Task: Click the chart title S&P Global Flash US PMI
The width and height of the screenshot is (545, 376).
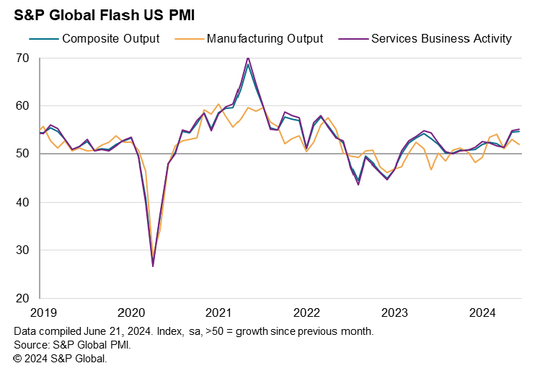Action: tap(105, 14)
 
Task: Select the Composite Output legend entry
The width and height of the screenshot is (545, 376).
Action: tap(110, 38)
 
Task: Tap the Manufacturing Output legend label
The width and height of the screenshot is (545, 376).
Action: tap(265, 38)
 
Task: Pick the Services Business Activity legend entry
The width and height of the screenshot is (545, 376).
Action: tap(440, 38)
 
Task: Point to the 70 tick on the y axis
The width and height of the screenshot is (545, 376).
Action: tap(22, 58)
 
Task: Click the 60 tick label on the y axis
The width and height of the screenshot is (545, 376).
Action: tap(22, 106)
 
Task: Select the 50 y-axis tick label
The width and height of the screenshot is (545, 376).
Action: tap(22, 154)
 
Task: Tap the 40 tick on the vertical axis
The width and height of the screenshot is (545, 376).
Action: tap(22, 202)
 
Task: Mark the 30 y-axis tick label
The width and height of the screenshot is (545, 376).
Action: tap(22, 250)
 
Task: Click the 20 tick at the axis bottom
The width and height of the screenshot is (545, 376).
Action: tap(22, 298)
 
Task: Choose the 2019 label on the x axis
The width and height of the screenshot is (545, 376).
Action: tap(40, 313)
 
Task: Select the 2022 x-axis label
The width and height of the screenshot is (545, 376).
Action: tap(306, 313)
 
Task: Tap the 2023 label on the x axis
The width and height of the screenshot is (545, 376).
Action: tap(394, 313)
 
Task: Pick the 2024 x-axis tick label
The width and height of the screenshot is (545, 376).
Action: tap(482, 313)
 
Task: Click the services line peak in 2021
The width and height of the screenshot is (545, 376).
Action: tap(248, 58)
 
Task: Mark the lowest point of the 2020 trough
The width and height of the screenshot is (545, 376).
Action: tap(153, 266)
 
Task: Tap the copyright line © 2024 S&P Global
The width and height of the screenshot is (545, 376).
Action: tap(60, 358)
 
